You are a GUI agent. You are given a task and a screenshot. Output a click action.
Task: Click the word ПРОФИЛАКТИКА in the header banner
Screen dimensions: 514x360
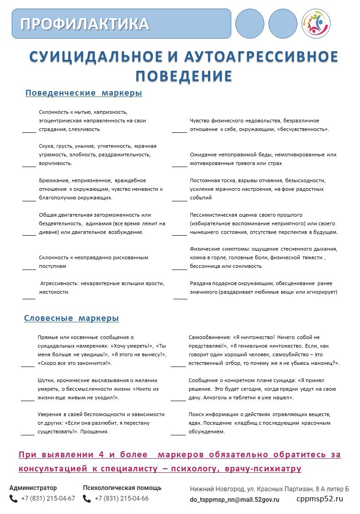85,24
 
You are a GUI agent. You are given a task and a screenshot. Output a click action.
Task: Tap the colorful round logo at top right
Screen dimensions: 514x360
316,23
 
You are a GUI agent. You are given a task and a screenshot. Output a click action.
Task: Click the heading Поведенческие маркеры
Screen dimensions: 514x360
83,93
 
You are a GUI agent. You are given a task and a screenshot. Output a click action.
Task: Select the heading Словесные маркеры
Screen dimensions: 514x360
72,318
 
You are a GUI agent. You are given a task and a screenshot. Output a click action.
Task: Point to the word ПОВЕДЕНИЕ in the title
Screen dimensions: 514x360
184,76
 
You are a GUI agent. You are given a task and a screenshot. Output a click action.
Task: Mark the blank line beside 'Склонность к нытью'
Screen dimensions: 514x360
29,132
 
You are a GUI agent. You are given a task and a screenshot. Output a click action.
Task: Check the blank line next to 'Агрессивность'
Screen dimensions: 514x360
29,298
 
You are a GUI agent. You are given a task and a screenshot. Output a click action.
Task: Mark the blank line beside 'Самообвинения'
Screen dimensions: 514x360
178,365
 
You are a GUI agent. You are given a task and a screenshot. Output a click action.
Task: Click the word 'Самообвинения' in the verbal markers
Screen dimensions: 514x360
210,337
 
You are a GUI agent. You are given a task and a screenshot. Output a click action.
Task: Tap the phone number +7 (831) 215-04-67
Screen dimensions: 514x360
48,499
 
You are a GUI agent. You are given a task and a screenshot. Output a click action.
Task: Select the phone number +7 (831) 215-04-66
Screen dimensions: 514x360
122,499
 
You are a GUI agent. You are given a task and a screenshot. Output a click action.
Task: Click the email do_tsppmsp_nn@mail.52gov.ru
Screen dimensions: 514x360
234,499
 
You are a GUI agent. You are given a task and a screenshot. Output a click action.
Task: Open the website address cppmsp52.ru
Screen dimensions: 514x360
320,499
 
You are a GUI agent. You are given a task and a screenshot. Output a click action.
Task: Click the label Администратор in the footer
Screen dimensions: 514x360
33,488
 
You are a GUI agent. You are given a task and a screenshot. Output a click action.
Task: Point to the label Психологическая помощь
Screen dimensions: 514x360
122,488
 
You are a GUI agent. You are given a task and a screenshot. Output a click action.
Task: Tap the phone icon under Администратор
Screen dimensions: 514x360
14,499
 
